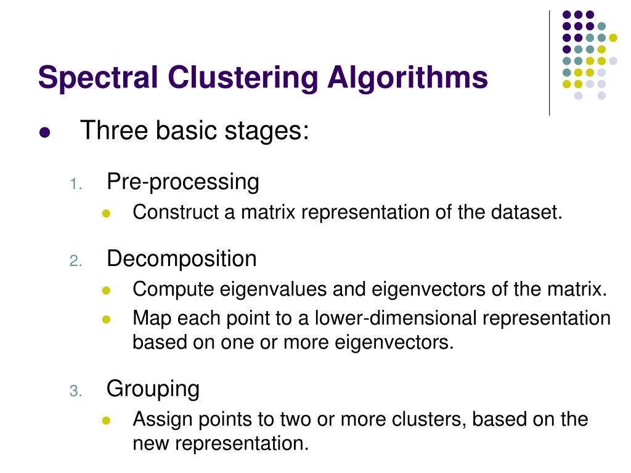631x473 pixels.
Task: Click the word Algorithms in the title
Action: coord(407,78)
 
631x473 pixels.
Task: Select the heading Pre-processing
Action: coord(182,182)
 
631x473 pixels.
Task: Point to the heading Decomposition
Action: coord(181,259)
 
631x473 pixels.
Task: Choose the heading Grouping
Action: coord(153,389)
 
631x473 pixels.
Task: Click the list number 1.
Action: coord(75,184)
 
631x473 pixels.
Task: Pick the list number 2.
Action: coord(75,261)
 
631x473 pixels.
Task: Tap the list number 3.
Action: coord(75,391)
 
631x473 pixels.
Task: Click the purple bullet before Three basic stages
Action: coord(44,133)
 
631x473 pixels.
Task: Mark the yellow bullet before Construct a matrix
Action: coord(105,214)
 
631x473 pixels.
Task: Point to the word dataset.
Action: coord(527,212)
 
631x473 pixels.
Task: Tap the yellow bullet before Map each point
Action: coord(105,320)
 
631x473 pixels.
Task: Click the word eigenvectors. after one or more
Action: coord(394,342)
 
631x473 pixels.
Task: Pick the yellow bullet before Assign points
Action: coord(105,421)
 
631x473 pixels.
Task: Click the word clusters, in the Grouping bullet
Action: coord(429,419)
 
